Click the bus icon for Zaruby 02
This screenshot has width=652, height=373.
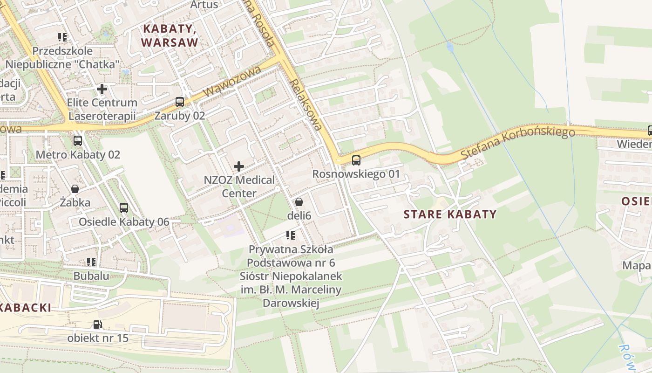click(179, 102)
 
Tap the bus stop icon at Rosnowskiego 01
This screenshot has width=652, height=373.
click(356, 160)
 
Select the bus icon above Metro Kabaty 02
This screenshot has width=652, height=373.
click(78, 140)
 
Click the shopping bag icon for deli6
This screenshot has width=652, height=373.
click(299, 202)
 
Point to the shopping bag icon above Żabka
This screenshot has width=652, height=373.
click(75, 189)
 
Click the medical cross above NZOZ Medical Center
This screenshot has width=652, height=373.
click(239, 166)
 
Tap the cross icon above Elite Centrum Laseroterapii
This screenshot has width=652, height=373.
click(102, 89)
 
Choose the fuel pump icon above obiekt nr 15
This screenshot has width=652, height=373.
click(97, 324)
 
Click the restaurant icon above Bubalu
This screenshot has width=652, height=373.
click(91, 262)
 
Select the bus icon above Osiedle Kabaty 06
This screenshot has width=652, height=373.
click(123, 208)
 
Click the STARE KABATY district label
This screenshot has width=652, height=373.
click(450, 214)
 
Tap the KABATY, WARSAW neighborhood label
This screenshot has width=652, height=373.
click(170, 35)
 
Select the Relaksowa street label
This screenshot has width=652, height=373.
click(306, 104)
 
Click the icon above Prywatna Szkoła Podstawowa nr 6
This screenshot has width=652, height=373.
click(291, 235)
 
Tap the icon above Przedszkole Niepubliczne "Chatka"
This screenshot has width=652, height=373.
click(62, 37)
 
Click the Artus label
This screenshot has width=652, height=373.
click(204, 5)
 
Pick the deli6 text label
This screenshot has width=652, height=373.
click(299, 215)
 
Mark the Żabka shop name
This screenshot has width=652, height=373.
click(75, 202)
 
